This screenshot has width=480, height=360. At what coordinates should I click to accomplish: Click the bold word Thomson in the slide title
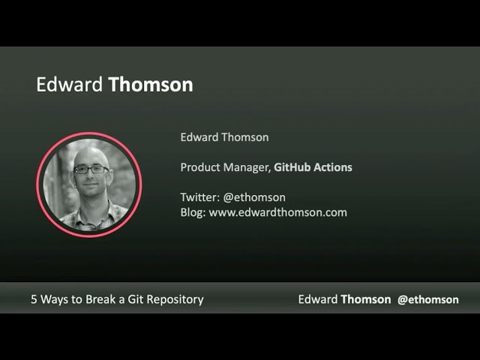[x=151, y=85]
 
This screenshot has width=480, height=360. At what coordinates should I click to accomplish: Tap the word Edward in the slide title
[x=69, y=85]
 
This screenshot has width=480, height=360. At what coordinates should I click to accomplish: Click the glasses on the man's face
[x=91, y=169]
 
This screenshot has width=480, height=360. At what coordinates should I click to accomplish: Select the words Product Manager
[x=225, y=168]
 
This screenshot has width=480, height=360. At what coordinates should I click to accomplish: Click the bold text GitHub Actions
[x=313, y=167]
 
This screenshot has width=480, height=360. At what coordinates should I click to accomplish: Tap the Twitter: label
[x=200, y=197]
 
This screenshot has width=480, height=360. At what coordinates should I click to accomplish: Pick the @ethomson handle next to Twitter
[x=254, y=197]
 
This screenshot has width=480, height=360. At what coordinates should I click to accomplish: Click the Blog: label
[x=193, y=212]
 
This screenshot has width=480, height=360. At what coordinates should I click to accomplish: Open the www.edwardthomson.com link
[x=278, y=212]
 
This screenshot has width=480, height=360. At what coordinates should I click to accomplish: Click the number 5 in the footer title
[x=34, y=299]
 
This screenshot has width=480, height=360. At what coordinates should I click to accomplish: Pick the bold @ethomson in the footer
[x=428, y=300]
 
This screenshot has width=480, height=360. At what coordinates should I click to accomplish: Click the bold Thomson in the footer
[x=366, y=299]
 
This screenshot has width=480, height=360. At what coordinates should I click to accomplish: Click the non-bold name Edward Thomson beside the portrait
[x=224, y=137]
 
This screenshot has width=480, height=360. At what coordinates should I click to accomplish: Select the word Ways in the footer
[x=54, y=300]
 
